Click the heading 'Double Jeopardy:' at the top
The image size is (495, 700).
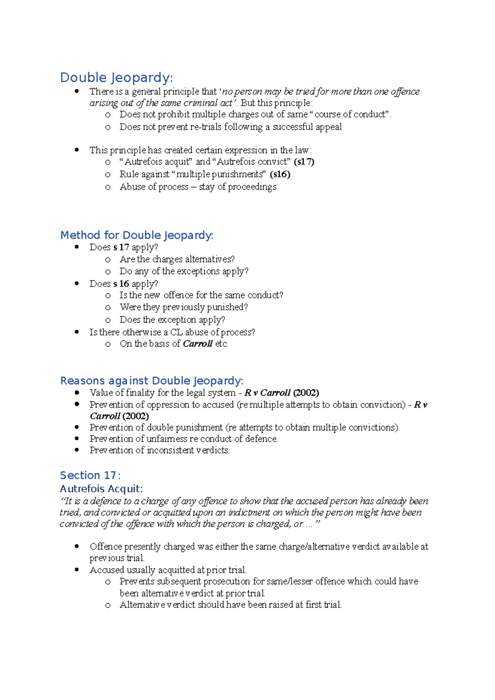point(116,78)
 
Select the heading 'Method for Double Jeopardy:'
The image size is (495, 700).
point(137,235)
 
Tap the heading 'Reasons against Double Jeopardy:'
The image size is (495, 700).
point(151,381)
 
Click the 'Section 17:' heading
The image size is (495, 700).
point(90,475)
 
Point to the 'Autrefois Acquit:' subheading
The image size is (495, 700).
point(101,489)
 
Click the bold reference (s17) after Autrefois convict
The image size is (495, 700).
point(304,162)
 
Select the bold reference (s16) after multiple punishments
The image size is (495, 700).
point(280,174)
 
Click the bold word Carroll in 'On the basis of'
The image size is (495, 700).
point(198,344)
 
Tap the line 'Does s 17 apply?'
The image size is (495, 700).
point(123,247)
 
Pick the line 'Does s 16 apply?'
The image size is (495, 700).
point(123,284)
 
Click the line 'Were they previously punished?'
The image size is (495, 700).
point(184,307)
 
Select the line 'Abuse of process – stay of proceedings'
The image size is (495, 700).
point(198,187)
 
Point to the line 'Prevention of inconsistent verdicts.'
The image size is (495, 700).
point(160,450)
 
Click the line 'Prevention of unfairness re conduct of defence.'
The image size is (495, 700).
point(184,439)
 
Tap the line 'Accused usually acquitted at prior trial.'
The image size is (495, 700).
point(168,570)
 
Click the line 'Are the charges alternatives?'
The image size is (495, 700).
point(177,259)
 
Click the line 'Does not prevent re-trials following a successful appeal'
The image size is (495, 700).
point(230,127)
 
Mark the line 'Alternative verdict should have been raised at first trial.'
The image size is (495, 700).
point(230,605)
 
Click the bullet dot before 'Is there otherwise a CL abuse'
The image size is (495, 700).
point(77,332)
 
